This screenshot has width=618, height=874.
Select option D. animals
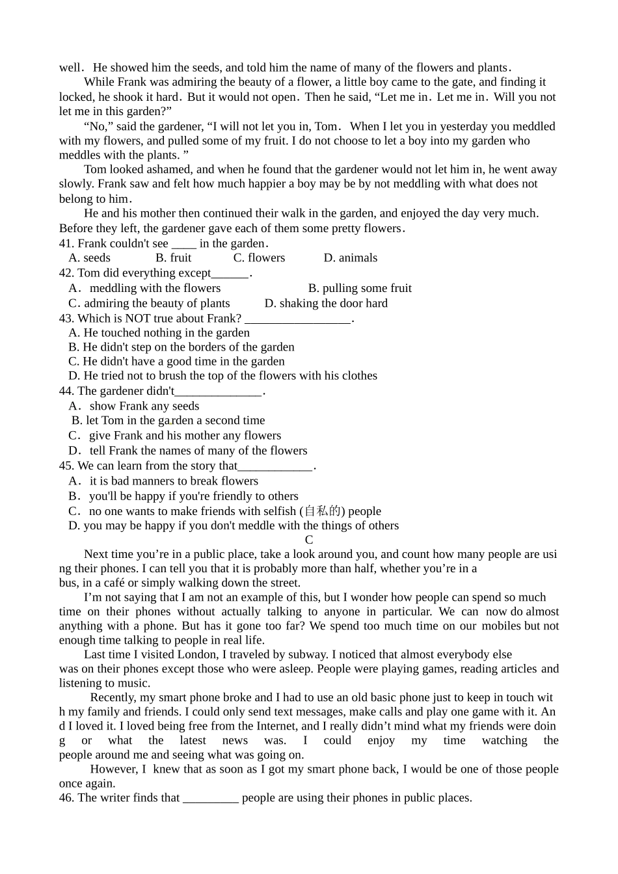tap(350, 258)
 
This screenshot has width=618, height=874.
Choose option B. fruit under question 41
tap(174, 258)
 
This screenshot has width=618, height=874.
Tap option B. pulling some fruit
tap(360, 288)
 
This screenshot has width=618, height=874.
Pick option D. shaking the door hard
tap(326, 304)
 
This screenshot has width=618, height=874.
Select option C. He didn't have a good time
tap(176, 362)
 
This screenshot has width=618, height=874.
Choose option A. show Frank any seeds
tap(134, 406)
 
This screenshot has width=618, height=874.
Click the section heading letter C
tap(309, 540)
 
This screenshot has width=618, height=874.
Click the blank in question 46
tap(211, 799)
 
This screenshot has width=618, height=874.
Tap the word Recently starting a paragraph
tap(112, 698)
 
